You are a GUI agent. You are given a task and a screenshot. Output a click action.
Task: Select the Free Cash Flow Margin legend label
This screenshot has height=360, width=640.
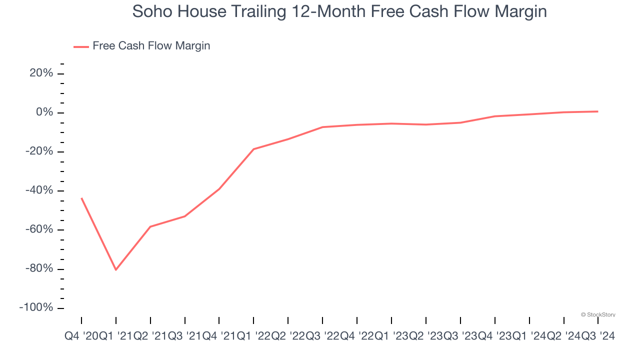click(151, 46)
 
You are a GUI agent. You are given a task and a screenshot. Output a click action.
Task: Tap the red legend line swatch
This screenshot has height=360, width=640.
click(81, 46)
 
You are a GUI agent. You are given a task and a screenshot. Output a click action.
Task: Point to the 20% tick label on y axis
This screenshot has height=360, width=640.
click(41, 73)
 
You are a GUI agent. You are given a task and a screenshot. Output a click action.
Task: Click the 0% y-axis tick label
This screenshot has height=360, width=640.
click(44, 112)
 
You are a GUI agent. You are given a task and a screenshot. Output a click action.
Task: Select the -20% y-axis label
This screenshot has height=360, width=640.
click(39, 151)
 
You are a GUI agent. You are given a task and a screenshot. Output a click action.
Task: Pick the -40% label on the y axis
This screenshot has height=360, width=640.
click(39, 190)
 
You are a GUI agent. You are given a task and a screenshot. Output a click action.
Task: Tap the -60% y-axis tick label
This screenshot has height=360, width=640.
click(39, 229)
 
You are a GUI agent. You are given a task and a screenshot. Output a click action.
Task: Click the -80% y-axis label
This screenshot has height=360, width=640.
click(39, 268)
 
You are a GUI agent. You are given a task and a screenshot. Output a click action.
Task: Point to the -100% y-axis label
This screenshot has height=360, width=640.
click(36, 307)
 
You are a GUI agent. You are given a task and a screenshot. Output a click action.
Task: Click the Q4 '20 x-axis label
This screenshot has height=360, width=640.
click(81, 336)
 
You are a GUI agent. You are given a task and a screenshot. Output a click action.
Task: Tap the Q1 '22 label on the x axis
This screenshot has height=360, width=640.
click(253, 336)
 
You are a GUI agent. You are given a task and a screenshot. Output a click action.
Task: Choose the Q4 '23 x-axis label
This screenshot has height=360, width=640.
click(495, 336)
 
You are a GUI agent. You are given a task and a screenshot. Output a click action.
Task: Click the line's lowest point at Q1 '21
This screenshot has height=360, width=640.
click(116, 270)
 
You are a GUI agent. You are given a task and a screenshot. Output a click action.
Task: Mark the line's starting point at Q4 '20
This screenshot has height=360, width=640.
click(81, 198)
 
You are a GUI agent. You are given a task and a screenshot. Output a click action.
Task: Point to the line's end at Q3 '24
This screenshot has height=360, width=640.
click(598, 111)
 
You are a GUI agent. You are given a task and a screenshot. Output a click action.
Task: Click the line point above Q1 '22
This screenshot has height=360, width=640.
click(253, 149)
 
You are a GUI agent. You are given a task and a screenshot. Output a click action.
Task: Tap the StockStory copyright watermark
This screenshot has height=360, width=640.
click(598, 315)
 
